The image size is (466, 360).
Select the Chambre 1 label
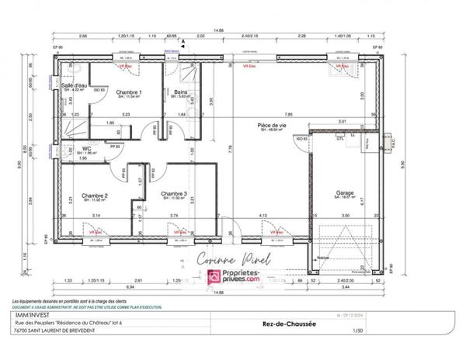click(x=128, y=92)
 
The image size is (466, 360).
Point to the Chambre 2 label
click(x=95, y=196)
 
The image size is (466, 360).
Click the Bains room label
click(x=182, y=92)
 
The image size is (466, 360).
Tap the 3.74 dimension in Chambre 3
click(x=174, y=214)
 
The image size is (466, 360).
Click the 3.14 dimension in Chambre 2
click(x=96, y=214)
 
